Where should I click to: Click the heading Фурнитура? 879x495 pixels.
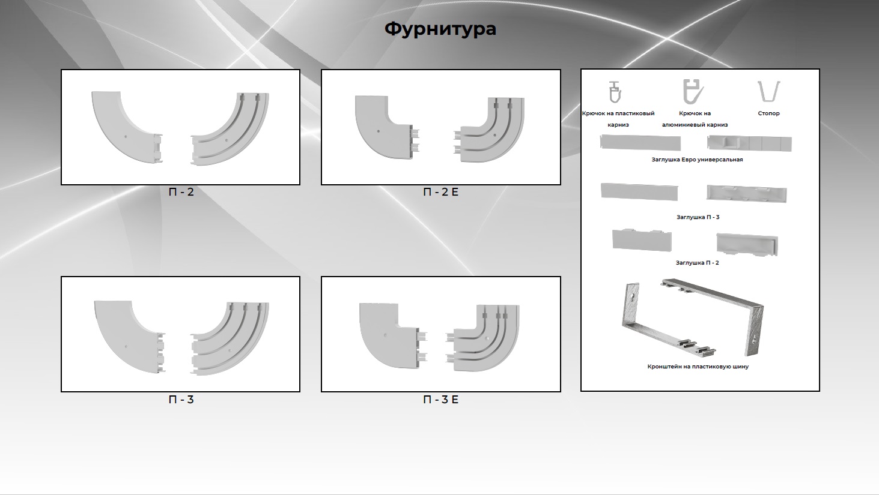(x=440, y=29)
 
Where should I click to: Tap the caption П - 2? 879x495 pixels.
(x=181, y=192)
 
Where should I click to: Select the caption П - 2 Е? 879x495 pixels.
(x=440, y=192)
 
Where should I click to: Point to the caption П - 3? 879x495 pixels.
(x=181, y=400)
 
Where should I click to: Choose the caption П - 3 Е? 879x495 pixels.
(x=440, y=400)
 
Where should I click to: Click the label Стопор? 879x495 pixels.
(x=768, y=113)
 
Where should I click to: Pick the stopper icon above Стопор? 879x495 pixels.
(x=768, y=91)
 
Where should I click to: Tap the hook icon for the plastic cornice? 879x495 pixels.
(x=615, y=92)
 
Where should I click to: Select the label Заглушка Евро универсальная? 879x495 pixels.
(x=698, y=160)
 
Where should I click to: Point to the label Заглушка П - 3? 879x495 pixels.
(x=698, y=217)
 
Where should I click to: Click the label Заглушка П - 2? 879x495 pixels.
(x=698, y=263)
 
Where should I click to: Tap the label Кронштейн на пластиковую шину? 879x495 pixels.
(x=698, y=367)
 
